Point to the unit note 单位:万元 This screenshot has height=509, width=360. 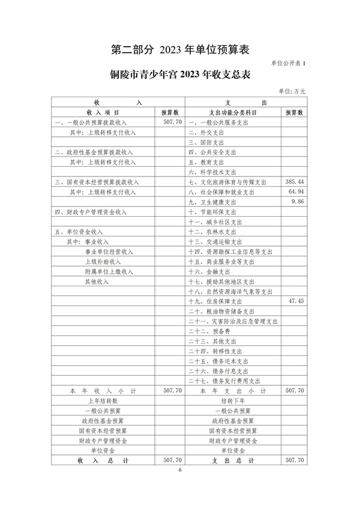(x=292, y=91)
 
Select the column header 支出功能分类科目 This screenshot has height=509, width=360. (x=233, y=112)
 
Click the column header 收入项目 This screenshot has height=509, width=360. (x=103, y=112)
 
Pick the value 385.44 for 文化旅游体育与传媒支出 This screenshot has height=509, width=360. (x=296, y=181)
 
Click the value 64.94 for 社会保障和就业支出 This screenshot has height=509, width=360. (x=297, y=191)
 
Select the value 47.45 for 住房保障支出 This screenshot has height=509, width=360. (x=297, y=300)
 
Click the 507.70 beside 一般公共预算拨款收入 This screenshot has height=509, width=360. (x=172, y=121)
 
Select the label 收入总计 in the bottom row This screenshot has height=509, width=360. (x=103, y=460)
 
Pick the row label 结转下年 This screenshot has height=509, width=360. (x=233, y=400)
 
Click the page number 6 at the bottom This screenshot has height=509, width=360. (x=179, y=469)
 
